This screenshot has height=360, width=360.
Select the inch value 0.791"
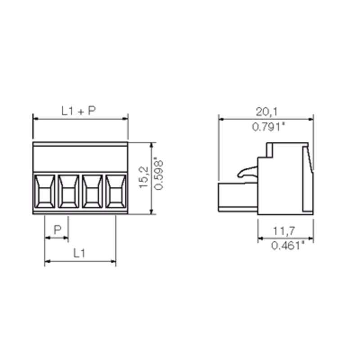coord(269,127)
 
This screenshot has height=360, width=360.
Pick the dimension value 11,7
coord(284,231)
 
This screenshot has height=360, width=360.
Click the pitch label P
coord(57,230)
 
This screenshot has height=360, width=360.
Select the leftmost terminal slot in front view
coord(45,191)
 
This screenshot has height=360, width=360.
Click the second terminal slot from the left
coord(68,191)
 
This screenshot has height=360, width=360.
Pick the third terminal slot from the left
coord(92,191)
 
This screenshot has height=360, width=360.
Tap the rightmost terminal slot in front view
coord(116,191)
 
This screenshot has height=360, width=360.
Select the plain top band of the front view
coord(80,157)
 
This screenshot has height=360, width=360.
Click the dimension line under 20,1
coord(266,120)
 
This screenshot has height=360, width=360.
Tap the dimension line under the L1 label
coord(80,261)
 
